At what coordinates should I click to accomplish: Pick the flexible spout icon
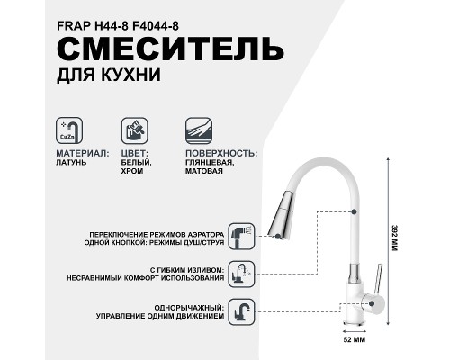click(x=239, y=273)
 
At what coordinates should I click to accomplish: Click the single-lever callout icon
click(x=239, y=311)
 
